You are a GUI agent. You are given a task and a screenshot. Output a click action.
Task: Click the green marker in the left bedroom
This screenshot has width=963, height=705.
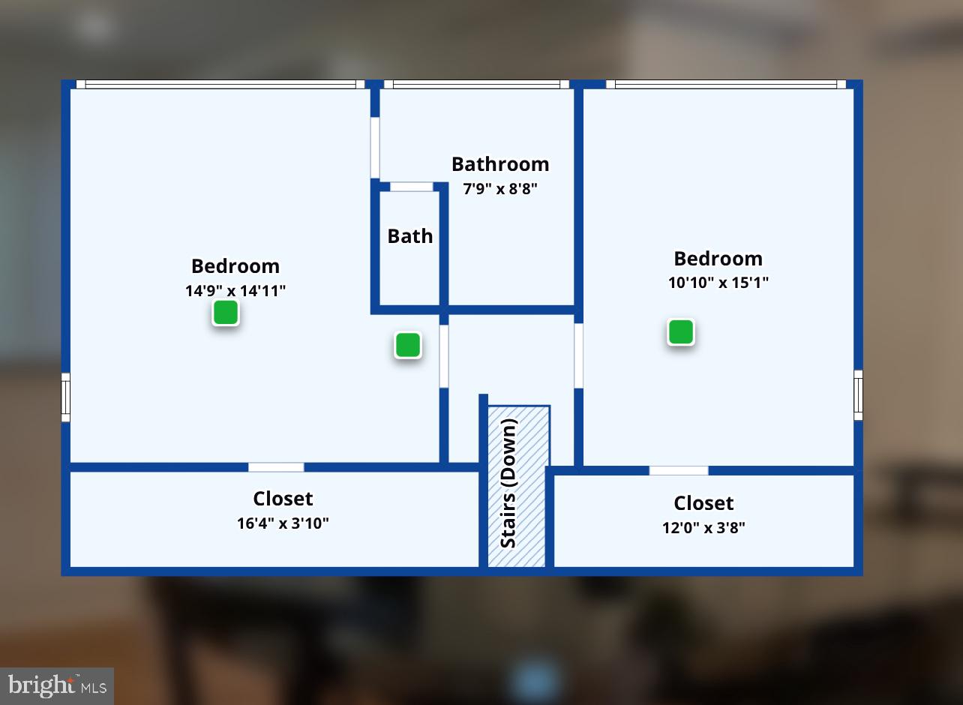pyautogui.click(x=225, y=312)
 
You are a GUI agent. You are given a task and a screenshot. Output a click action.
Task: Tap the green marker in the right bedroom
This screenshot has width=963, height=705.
pyautogui.click(x=680, y=331)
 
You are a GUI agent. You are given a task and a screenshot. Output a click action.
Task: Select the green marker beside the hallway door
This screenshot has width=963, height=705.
pyautogui.click(x=407, y=345)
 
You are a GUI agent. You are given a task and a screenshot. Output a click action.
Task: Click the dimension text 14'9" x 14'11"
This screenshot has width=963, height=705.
pyautogui.click(x=235, y=291)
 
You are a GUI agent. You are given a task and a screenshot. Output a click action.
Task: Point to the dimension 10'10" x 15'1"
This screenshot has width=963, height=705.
pyautogui.click(x=718, y=283)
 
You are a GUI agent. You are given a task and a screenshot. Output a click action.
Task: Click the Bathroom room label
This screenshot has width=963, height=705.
pyautogui.click(x=500, y=164)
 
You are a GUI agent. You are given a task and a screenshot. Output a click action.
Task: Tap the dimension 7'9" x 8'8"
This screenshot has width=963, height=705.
pyautogui.click(x=500, y=189)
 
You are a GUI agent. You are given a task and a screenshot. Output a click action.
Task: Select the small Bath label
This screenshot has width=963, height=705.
pyautogui.click(x=409, y=236)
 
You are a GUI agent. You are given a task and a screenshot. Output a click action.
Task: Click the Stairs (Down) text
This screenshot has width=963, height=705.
pyautogui.click(x=508, y=483)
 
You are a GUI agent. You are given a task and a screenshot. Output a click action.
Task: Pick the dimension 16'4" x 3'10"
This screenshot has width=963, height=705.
pyautogui.click(x=283, y=523)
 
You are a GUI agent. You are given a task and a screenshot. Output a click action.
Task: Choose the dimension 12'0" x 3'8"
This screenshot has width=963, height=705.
pyautogui.click(x=703, y=528)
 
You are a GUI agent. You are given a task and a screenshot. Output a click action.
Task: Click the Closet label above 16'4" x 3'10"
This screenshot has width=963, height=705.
pyautogui.click(x=283, y=499)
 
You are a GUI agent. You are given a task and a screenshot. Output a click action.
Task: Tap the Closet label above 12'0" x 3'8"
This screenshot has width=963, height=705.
pyautogui.click(x=703, y=503)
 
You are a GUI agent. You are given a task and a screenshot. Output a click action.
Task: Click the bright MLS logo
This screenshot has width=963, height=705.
pyautogui.click(x=57, y=685)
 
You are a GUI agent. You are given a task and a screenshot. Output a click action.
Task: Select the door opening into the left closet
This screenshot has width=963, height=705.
pyautogui.click(x=276, y=467)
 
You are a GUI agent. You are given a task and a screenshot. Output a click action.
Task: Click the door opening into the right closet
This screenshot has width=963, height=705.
pyautogui.click(x=679, y=470)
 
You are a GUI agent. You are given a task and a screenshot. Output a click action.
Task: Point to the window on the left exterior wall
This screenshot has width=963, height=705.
pyautogui.click(x=65, y=397)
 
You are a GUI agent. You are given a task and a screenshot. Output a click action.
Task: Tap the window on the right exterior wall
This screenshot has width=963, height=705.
pyautogui.click(x=858, y=395)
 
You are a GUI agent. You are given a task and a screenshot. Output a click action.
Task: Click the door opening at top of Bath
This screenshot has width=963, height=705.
pyautogui.click(x=412, y=187)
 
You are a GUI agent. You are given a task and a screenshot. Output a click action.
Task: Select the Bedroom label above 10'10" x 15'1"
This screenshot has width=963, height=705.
pyautogui.click(x=718, y=259)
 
